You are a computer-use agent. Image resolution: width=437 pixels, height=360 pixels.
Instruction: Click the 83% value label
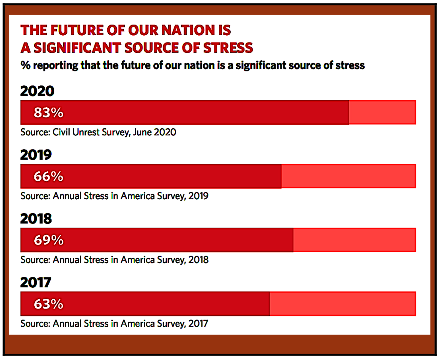(x=49, y=113)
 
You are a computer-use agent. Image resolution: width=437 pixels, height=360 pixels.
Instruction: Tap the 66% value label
(x=49, y=177)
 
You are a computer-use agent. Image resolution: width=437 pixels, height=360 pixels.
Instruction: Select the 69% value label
(x=49, y=240)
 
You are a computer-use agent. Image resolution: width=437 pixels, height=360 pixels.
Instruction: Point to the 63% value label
(x=49, y=304)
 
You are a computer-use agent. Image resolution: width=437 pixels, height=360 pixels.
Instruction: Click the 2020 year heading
(x=37, y=91)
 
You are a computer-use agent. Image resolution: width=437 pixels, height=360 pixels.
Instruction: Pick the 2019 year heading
(x=36, y=155)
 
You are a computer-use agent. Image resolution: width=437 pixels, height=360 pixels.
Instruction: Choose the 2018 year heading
(x=36, y=219)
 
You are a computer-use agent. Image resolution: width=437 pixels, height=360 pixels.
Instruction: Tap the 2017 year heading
(x=36, y=283)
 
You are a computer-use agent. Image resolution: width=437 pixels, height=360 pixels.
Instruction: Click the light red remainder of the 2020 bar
(x=382, y=113)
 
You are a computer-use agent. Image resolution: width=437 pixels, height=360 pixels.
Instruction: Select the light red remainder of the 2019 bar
(x=348, y=177)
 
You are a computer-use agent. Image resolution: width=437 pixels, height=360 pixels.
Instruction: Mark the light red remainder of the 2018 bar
(x=354, y=240)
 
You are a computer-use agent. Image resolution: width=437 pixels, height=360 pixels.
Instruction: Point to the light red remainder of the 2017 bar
(x=343, y=304)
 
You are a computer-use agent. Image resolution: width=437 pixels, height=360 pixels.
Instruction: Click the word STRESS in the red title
(x=228, y=48)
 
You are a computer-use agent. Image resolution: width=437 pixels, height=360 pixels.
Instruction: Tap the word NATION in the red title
(x=188, y=30)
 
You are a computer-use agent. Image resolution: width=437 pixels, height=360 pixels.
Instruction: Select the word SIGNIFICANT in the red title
(x=77, y=48)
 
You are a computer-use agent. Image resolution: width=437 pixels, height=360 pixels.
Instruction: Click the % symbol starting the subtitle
(x=25, y=65)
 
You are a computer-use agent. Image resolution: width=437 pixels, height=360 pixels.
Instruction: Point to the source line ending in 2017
(x=114, y=323)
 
